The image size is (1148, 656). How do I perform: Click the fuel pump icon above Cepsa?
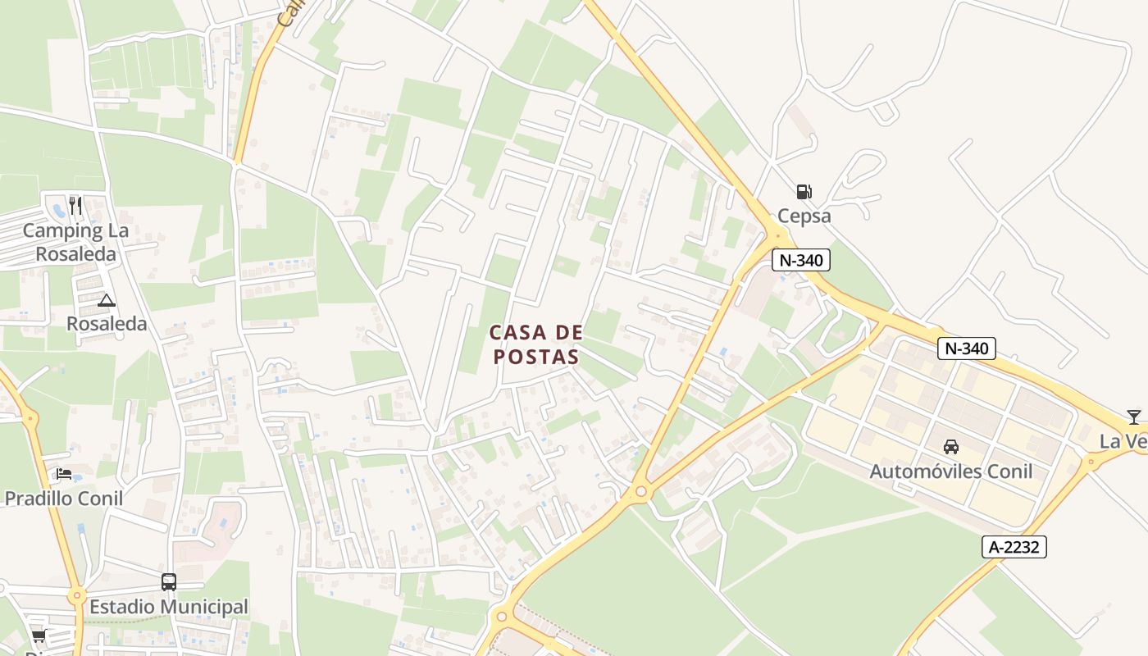click(x=804, y=193)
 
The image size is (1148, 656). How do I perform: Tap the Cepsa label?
click(x=804, y=216)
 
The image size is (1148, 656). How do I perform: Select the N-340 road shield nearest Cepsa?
click(x=801, y=261)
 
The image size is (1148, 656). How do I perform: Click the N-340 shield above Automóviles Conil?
click(x=966, y=348)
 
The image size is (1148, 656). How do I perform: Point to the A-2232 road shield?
click(x=1014, y=547)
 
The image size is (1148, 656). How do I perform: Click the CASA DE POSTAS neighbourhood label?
click(x=536, y=344)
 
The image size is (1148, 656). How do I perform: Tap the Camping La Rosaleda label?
click(x=75, y=242)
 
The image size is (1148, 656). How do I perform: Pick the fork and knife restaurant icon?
click(x=75, y=205)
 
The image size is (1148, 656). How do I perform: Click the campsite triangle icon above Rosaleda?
click(x=106, y=301)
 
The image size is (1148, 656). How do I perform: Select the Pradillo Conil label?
click(x=64, y=499)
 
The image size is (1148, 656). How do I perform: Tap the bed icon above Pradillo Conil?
click(x=64, y=474)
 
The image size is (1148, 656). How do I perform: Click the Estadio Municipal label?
click(x=168, y=607)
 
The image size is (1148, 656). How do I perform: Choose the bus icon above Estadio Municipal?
click(x=168, y=582)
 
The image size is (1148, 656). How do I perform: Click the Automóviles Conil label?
click(x=950, y=471)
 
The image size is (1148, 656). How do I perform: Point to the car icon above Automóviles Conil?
click(x=950, y=447)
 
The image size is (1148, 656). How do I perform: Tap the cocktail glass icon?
click(x=1133, y=417)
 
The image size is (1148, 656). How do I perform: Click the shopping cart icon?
click(x=39, y=636)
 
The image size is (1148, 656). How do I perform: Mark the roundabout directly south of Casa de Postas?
click(x=640, y=492)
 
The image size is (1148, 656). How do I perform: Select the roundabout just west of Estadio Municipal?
click(x=77, y=596)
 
